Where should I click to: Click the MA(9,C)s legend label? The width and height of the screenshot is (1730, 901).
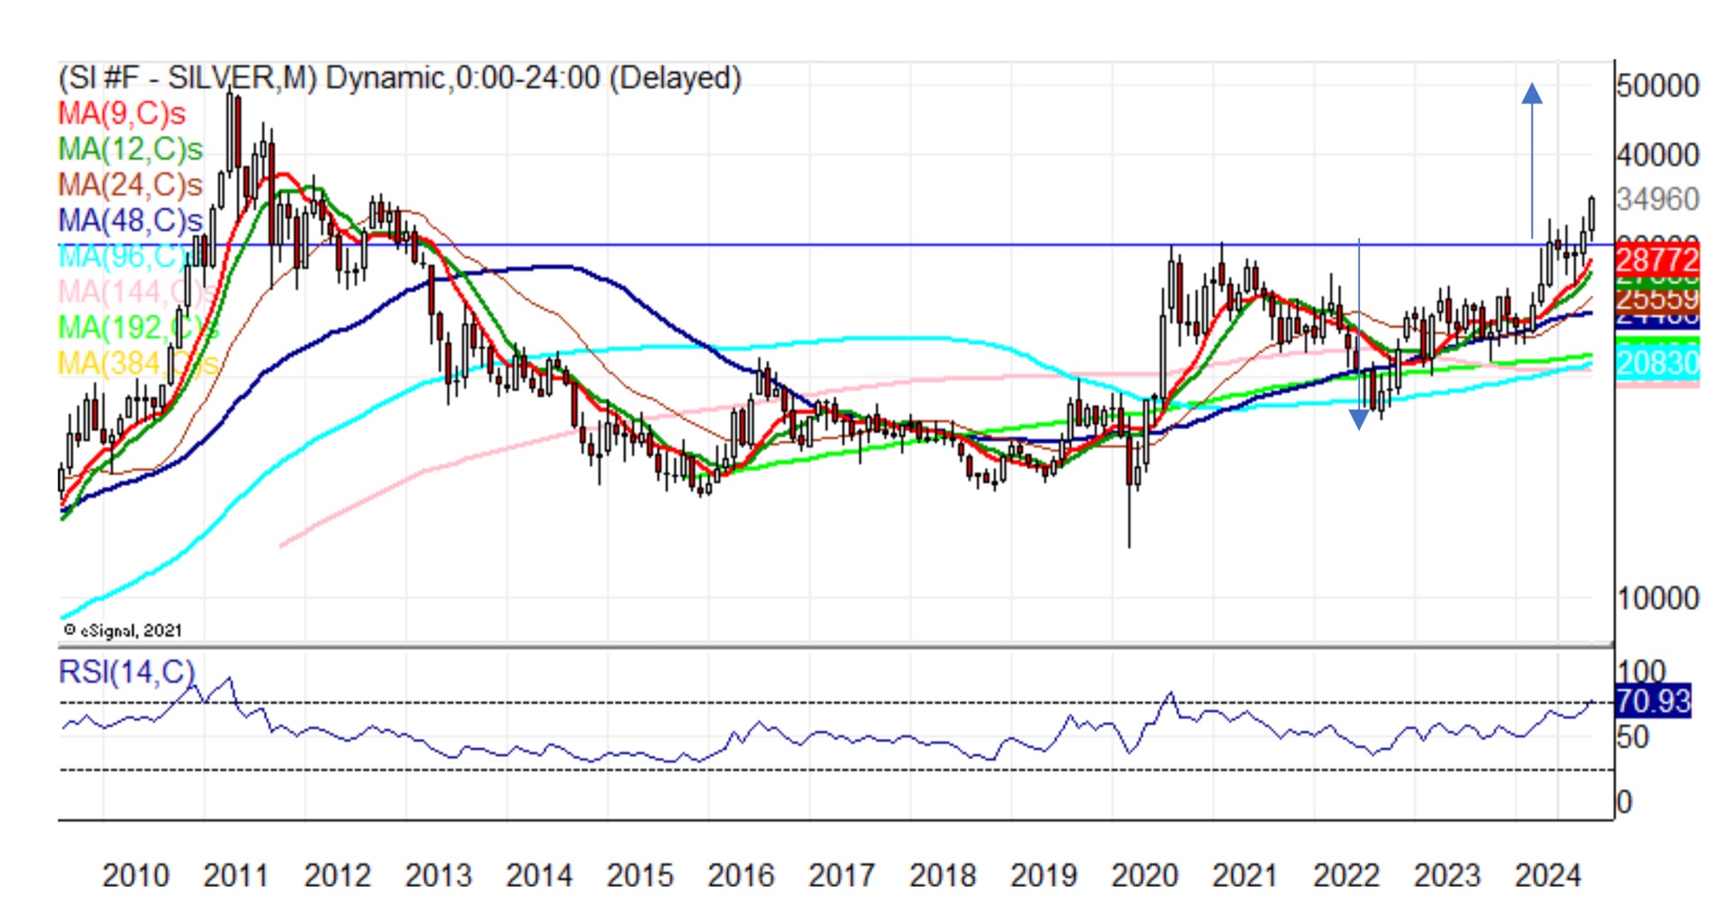click(122, 114)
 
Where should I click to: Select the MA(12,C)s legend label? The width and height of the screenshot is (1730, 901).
click(131, 150)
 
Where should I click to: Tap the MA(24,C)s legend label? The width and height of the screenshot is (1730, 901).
click(131, 185)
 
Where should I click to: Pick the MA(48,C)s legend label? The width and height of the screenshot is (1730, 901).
click(131, 221)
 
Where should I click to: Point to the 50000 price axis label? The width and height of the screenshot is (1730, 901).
click(1657, 86)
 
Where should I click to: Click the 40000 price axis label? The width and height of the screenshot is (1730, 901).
click(1657, 155)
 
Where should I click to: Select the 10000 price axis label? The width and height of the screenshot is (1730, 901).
click(1657, 598)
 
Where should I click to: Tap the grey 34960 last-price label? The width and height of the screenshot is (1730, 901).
click(1657, 199)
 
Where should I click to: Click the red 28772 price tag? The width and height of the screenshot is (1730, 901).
click(1657, 261)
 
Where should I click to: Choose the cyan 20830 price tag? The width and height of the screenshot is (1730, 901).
click(1657, 363)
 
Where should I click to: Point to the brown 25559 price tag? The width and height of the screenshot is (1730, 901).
click(1657, 298)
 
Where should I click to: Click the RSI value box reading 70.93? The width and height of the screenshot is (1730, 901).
click(1653, 701)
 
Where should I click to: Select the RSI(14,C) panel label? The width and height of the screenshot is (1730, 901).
click(126, 672)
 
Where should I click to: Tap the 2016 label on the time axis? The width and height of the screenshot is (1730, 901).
click(741, 875)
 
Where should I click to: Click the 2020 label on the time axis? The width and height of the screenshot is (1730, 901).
click(1144, 875)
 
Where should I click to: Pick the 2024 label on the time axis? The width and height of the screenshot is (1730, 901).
click(1548, 875)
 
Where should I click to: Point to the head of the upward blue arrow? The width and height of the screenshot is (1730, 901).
click(1532, 93)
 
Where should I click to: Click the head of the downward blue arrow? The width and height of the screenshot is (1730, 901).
click(1359, 419)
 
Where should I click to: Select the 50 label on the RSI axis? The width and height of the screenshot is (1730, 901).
click(1632, 738)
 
